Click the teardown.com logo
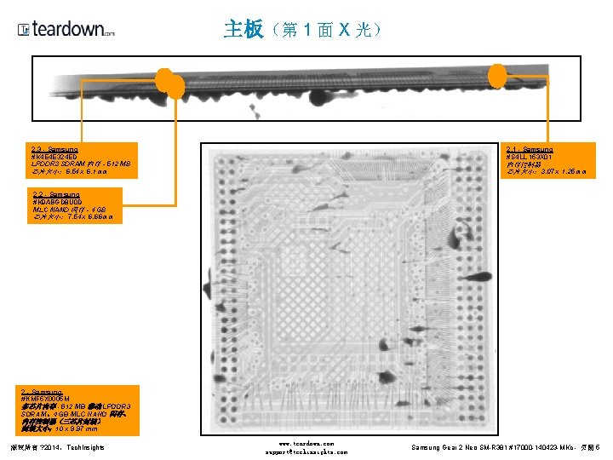[66, 30]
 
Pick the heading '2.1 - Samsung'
[529, 150]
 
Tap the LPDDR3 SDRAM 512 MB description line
[81, 164]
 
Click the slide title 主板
[243, 30]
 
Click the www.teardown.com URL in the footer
[306, 444]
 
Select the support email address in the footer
[306, 452]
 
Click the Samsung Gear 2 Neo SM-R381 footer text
[506, 447]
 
